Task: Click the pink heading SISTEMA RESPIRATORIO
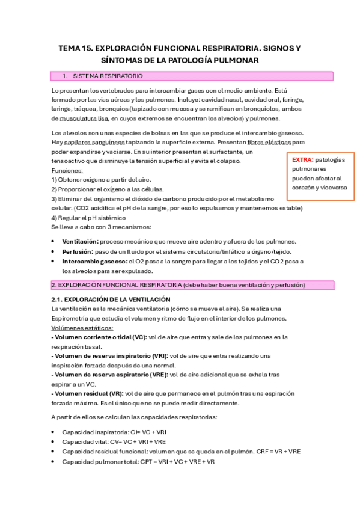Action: pyautogui.click(x=108, y=76)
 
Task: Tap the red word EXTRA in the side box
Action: pyautogui.click(x=302, y=159)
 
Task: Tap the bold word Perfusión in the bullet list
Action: pyautogui.click(x=78, y=251)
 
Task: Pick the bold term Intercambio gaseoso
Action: pyautogui.click(x=94, y=262)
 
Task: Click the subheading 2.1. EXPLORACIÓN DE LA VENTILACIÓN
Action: pyautogui.click(x=111, y=299)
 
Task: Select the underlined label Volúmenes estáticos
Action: pyautogui.click(x=82, y=328)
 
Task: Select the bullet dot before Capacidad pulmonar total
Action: pyautogui.click(x=54, y=462)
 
